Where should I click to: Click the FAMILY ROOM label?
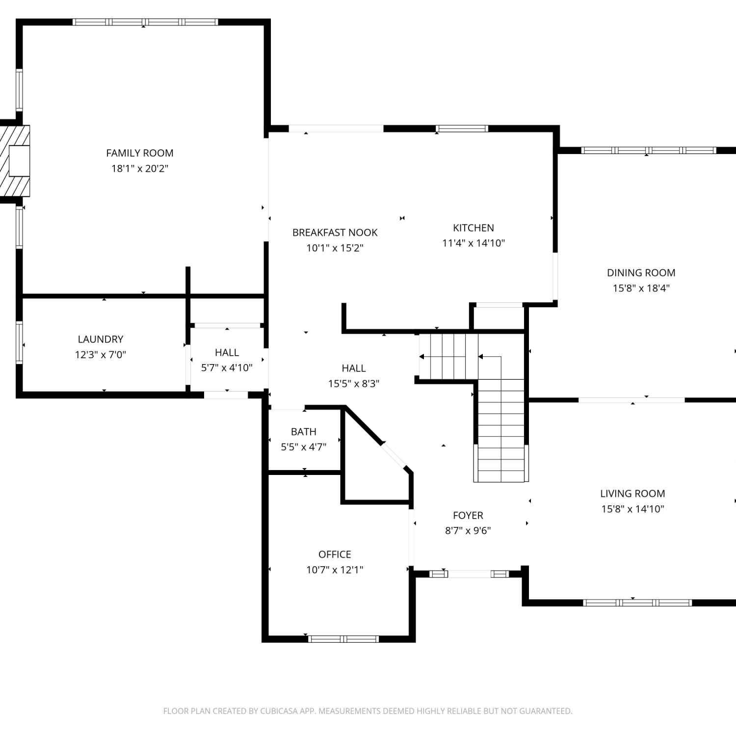(140, 153)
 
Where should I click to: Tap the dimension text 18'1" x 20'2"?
(140, 168)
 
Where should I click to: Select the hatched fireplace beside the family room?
(15, 160)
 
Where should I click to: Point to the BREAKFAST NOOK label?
(335, 233)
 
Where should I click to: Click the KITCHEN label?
(473, 228)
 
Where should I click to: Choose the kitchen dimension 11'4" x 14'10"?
(473, 243)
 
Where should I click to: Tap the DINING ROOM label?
(641, 273)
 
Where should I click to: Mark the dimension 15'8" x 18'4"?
(641, 288)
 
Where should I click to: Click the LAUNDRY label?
(101, 339)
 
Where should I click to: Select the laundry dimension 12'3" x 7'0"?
(101, 354)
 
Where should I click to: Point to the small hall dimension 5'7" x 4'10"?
(227, 368)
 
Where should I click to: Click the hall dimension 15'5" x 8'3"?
(354, 383)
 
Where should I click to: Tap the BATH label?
(304, 432)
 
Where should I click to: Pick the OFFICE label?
(335, 554)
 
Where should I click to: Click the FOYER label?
(468, 515)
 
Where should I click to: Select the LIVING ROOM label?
(633, 494)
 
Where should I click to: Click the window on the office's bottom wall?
(343, 639)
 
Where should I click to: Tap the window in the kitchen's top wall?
(462, 129)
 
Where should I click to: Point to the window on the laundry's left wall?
(19, 342)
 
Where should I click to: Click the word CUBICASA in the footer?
(279, 711)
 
